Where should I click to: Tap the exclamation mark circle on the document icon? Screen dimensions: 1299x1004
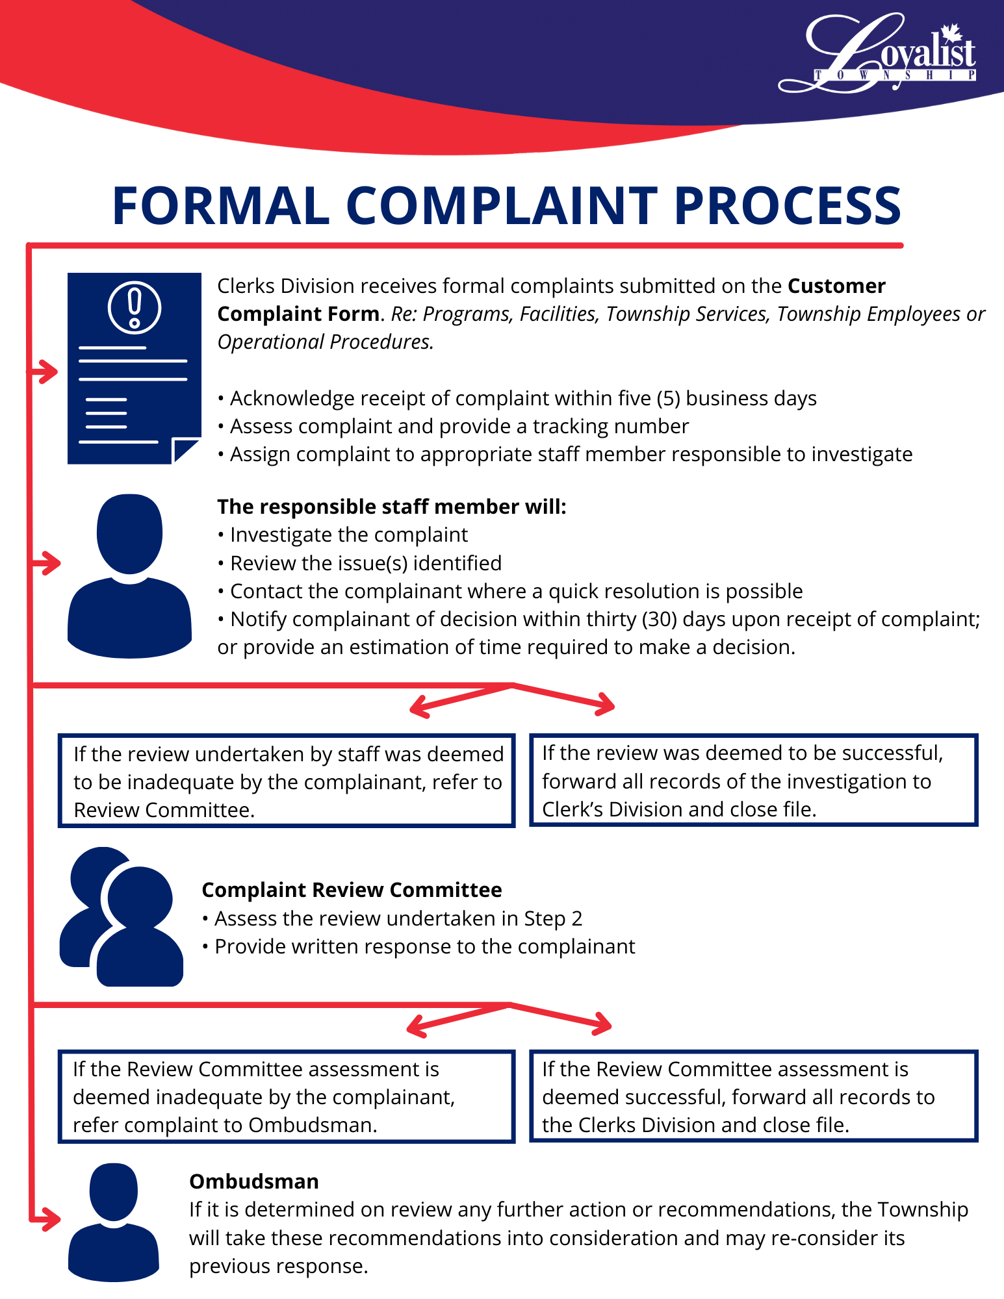[135, 307]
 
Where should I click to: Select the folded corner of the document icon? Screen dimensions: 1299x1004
[185, 449]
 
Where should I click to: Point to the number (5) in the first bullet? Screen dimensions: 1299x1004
[668, 398]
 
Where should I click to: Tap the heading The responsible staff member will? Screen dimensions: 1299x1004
[391, 507]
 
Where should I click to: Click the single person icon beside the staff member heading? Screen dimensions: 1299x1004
[130, 575]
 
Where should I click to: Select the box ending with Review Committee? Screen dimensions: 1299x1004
[287, 781]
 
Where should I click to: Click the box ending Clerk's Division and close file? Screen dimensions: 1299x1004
[753, 780]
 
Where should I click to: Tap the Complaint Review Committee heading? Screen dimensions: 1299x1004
[352, 890]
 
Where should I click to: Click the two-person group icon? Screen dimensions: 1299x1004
[122, 916]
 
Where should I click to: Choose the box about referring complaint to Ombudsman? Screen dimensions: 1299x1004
[287, 1096]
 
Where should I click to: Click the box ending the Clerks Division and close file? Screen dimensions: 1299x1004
[753, 1096]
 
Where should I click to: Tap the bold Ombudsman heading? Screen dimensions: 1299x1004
[254, 1181]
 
